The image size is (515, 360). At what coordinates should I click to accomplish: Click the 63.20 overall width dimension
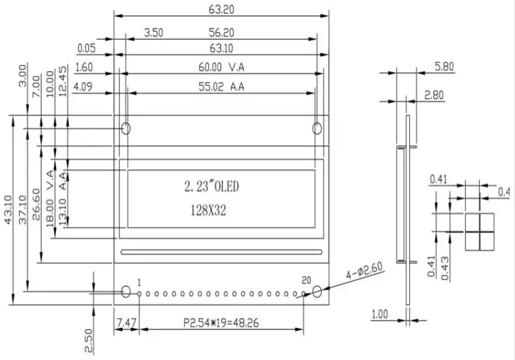point(221,10)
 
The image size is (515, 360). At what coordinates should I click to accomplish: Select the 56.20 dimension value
point(221,33)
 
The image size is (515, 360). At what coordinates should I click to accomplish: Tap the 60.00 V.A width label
point(221,68)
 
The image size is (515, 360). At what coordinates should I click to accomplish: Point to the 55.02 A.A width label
point(221,87)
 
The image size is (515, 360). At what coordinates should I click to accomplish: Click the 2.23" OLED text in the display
point(212,186)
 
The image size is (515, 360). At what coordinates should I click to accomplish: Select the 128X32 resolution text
point(208,210)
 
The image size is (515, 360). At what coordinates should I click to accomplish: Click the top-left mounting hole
point(126,128)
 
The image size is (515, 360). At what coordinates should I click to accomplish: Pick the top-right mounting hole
point(317,128)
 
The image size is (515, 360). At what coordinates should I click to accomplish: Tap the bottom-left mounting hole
point(126,292)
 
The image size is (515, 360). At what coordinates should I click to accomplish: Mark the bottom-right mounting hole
point(317,292)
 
